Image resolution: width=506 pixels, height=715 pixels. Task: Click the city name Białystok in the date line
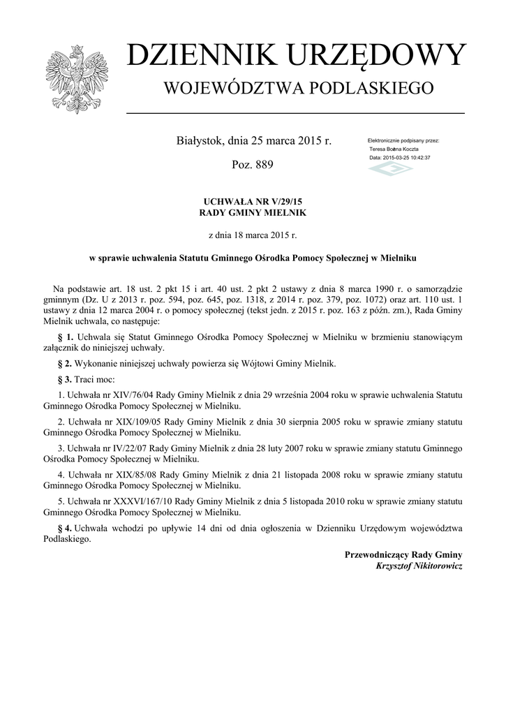[x=200, y=141]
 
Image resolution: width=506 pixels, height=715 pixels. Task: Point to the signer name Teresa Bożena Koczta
[x=394, y=149]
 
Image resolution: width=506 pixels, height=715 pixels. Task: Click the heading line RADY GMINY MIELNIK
[x=253, y=212]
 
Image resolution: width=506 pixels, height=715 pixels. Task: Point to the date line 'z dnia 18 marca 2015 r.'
[x=253, y=235]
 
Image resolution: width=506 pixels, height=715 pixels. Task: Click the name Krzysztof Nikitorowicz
[x=419, y=566]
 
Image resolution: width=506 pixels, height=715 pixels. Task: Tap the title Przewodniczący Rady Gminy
[x=403, y=554]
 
